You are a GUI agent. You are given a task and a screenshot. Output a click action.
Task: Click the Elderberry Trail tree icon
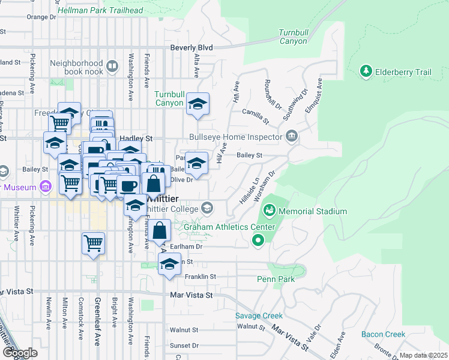click(366, 72)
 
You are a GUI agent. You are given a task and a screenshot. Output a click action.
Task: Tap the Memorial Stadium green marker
click(269, 211)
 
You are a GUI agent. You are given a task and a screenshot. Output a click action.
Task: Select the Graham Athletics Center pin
click(258, 241)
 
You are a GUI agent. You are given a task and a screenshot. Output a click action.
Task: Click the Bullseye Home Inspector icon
click(292, 137)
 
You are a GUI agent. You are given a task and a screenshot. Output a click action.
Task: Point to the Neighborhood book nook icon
click(112, 65)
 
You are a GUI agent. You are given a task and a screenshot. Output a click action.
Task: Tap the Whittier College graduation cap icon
click(207, 208)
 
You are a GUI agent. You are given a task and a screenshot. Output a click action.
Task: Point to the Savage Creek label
click(258, 316)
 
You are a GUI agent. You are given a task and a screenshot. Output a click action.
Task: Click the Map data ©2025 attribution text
click(423, 355)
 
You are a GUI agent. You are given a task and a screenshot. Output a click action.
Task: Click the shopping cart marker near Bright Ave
click(93, 243)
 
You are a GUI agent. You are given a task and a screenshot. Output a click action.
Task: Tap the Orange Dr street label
click(41, 17)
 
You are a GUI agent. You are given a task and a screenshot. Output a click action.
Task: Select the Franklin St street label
click(200, 277)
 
